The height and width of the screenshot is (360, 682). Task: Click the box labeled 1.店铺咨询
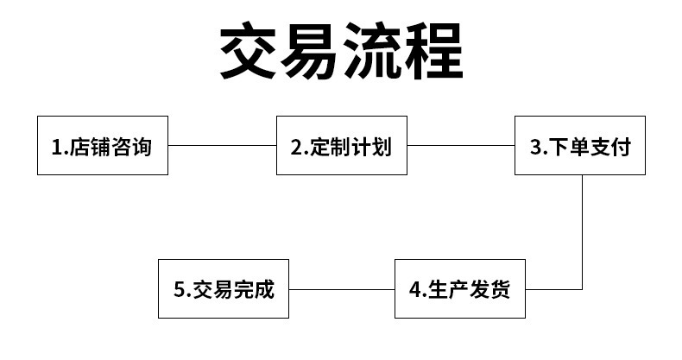point(103,145)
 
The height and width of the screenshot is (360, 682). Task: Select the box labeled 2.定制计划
point(342,145)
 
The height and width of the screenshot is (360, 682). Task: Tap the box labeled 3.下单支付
point(580,145)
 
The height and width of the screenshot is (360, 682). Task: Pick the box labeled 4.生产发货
point(460,288)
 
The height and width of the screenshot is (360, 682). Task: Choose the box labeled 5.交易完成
point(223,288)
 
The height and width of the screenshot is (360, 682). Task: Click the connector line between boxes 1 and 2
point(222,145)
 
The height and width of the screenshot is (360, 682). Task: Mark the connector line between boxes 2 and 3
point(461,145)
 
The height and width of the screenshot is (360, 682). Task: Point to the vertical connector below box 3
point(581,231)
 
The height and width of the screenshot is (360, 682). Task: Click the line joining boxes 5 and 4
point(341,288)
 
